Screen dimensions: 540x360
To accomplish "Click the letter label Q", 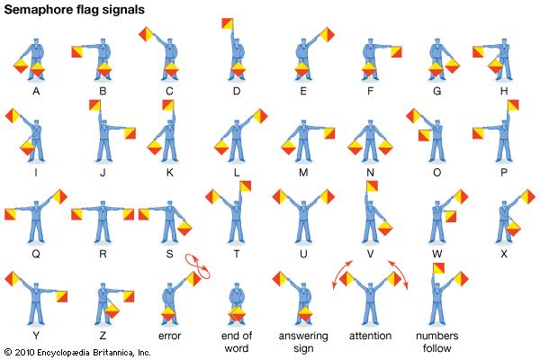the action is pyautogui.click(x=36, y=254).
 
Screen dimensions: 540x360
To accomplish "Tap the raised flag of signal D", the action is pyautogui.click(x=228, y=23).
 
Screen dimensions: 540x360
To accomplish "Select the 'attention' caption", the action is pyautogui.click(x=370, y=336).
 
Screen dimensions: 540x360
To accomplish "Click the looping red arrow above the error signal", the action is pyautogui.click(x=197, y=266).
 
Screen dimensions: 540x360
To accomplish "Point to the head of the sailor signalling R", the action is pyautogui.click(x=103, y=204).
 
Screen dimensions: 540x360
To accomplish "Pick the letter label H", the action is pyautogui.click(x=504, y=91).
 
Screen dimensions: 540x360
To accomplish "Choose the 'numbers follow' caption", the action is pyautogui.click(x=437, y=342).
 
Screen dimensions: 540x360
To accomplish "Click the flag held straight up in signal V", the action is pyautogui.click(x=372, y=186).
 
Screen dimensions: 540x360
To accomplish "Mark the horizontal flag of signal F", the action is pyautogui.click(x=396, y=51).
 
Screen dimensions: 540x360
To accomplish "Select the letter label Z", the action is pyautogui.click(x=103, y=336).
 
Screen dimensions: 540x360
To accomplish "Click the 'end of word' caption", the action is pyautogui.click(x=237, y=342).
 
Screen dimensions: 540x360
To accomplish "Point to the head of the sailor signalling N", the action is pyautogui.click(x=370, y=123).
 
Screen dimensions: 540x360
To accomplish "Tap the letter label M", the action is pyautogui.click(x=303, y=173).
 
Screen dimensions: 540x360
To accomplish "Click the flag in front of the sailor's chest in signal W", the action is pyautogui.click(x=451, y=216).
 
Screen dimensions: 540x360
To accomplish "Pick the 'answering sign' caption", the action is pyautogui.click(x=303, y=342).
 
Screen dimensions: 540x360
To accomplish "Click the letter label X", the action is pyautogui.click(x=504, y=254).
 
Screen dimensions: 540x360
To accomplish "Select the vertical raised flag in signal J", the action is pyautogui.click(x=94, y=105).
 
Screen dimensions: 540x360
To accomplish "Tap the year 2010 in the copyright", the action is pyautogui.click(x=24, y=353).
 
